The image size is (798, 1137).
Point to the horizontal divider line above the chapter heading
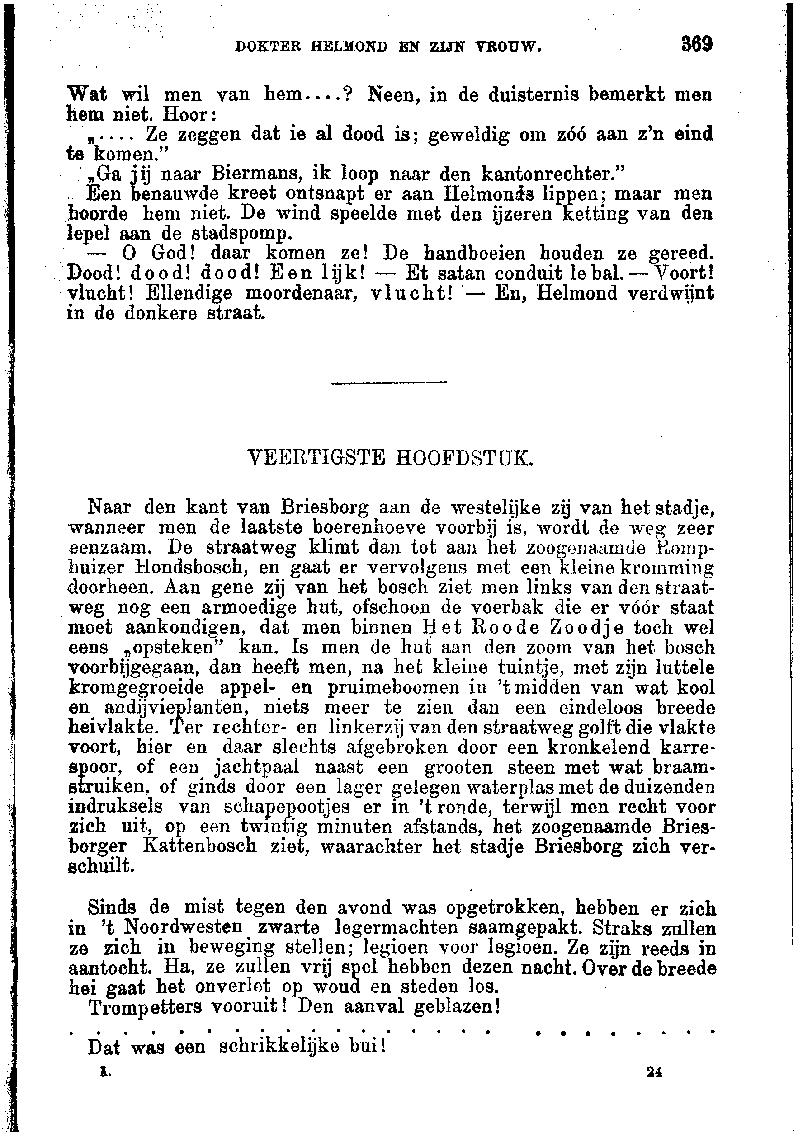388,382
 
